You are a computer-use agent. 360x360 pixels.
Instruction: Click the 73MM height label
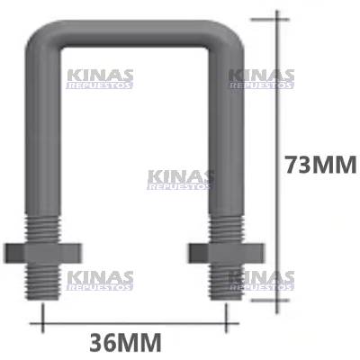319,166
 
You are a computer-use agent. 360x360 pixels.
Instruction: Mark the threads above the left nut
46,226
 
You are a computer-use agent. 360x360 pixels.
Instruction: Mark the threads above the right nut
226,226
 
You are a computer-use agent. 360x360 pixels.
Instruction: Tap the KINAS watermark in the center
180,179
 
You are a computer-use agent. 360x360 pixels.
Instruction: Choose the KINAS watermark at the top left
99,78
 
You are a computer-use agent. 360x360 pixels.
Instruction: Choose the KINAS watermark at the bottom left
99,280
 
